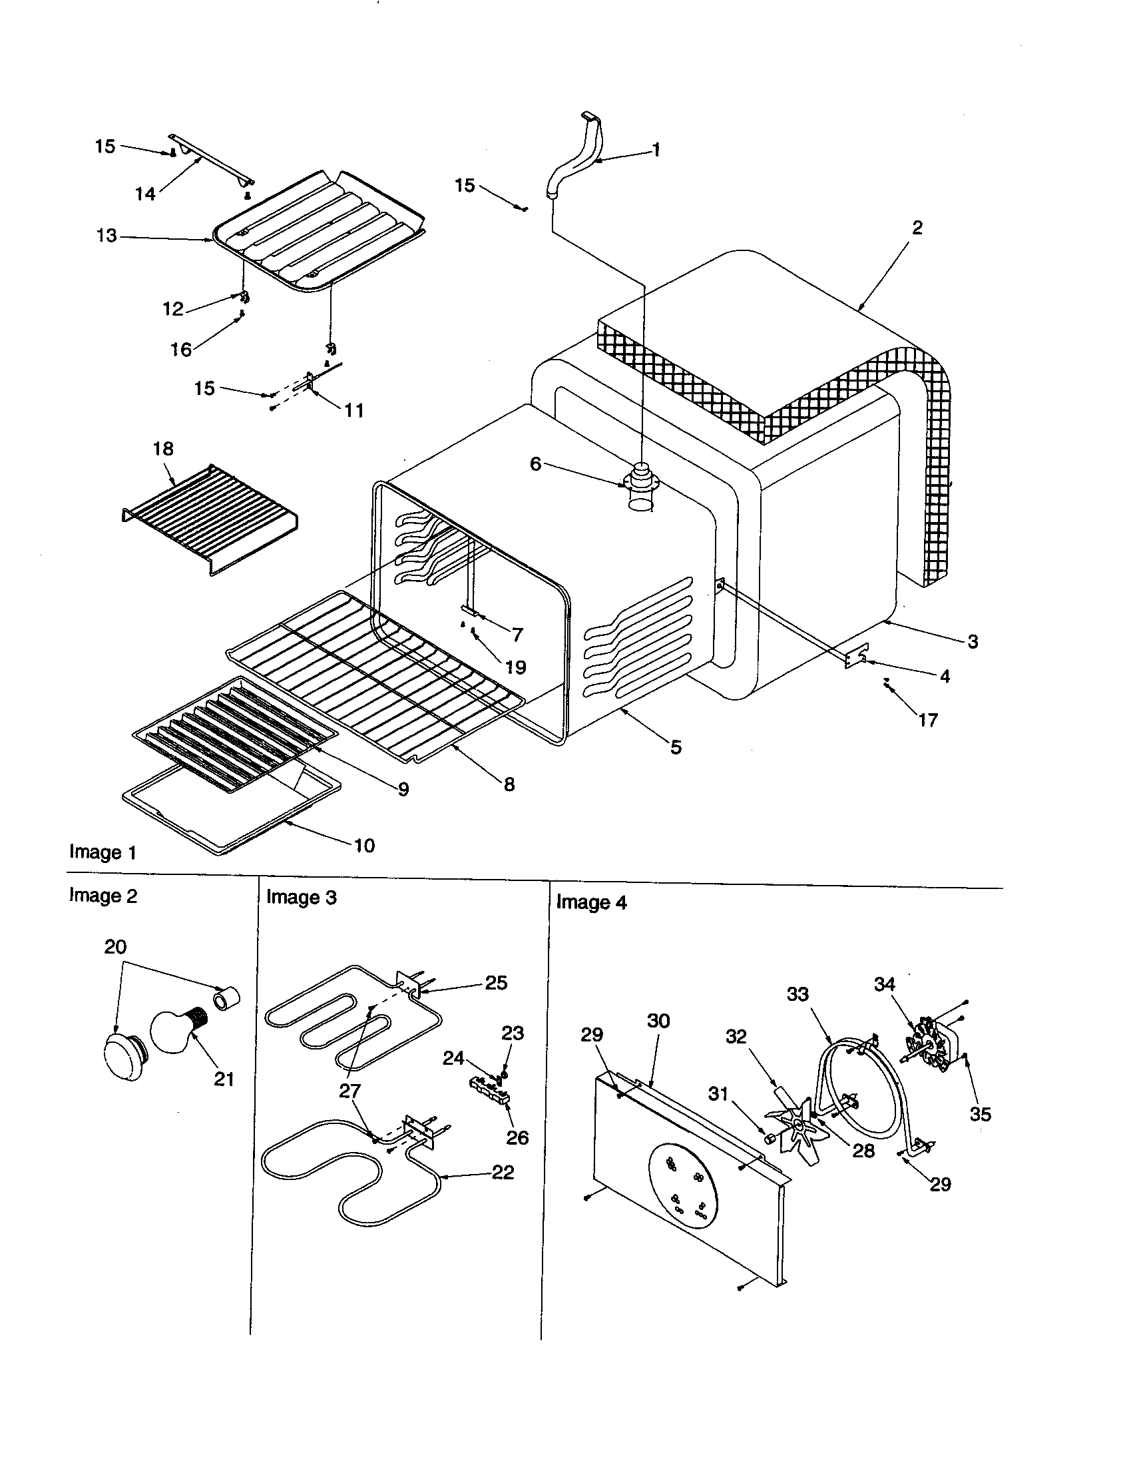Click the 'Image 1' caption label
[x=103, y=852]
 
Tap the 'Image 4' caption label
[x=590, y=903]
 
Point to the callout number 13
[x=106, y=236]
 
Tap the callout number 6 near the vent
[x=535, y=464]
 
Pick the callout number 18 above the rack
[x=163, y=449]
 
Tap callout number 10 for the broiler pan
[x=364, y=845]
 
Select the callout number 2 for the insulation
[x=917, y=228]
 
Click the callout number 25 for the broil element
[x=496, y=983]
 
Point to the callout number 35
[x=980, y=1114]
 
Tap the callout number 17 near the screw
[x=927, y=721]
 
